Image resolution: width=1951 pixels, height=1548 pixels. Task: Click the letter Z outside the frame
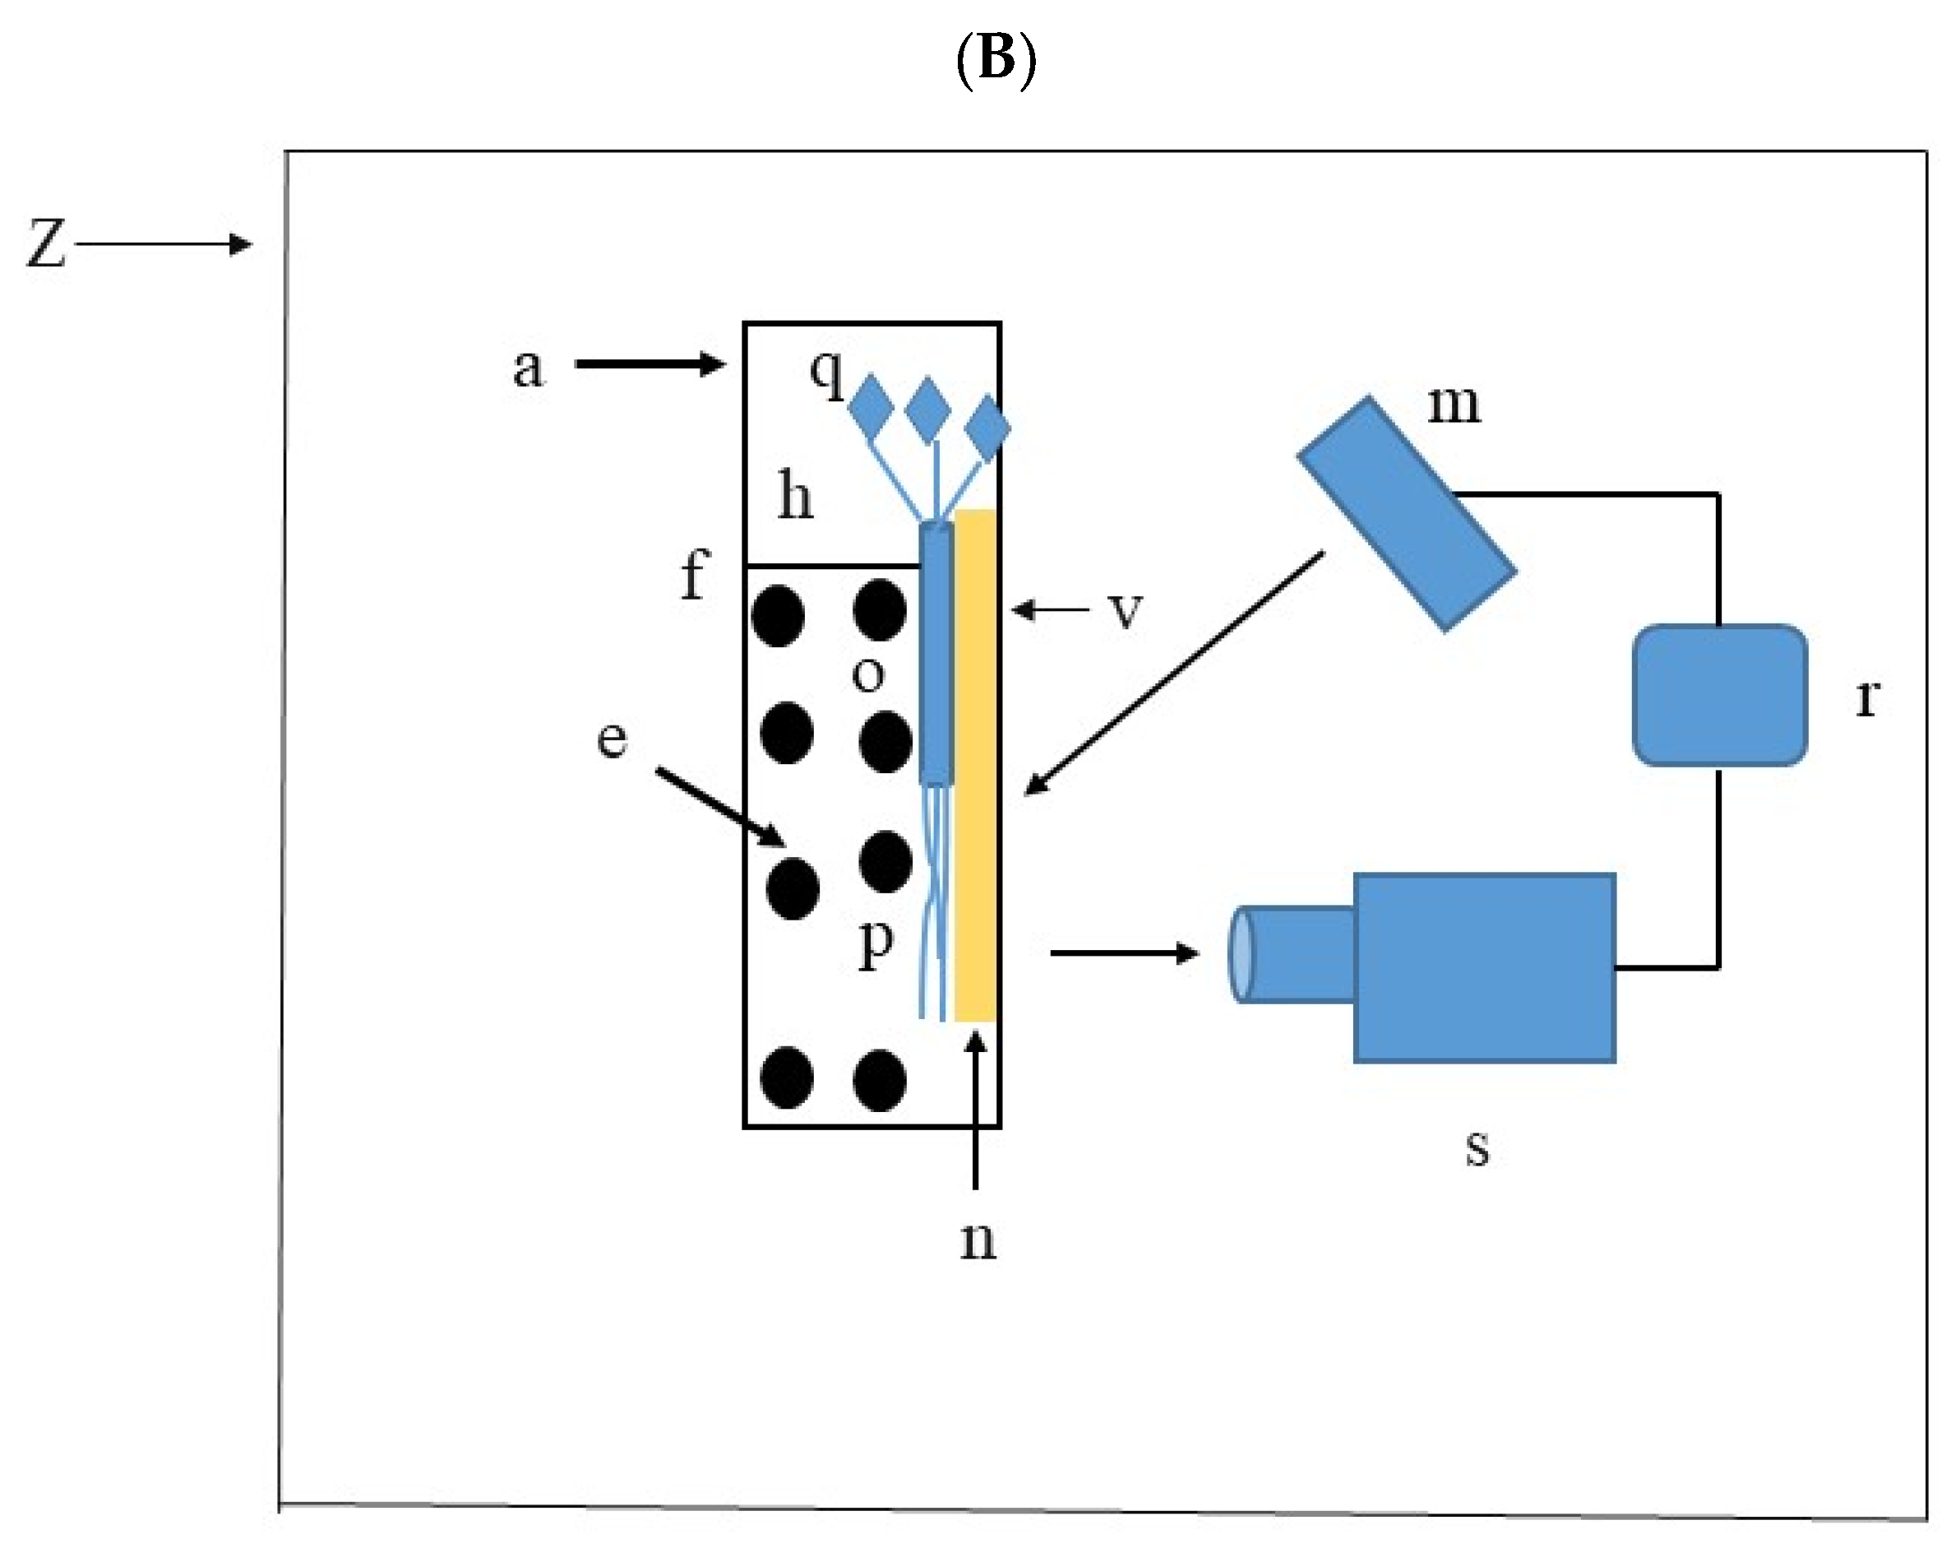[x=46, y=243]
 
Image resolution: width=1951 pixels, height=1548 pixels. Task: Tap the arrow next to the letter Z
[x=164, y=243]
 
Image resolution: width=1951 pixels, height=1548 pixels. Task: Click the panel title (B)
[x=996, y=60]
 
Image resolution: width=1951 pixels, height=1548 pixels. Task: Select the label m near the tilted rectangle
[x=1454, y=404]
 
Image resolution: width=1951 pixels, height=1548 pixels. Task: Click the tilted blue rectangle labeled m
[x=1408, y=513]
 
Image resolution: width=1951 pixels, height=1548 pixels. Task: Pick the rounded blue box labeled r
[x=1719, y=695]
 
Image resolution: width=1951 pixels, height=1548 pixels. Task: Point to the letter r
[x=1867, y=698]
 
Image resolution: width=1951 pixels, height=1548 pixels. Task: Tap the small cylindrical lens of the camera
[x=1292, y=954]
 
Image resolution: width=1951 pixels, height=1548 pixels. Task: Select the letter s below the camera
[x=1477, y=1148]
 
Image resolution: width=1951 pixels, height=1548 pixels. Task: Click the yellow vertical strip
[x=975, y=766]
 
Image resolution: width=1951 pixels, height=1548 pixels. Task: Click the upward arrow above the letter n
[x=975, y=1110]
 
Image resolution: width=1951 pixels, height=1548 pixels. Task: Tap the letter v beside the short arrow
[x=1126, y=610]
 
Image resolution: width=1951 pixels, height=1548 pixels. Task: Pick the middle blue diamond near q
[x=927, y=410]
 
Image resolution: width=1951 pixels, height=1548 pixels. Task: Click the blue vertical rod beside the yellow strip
[x=936, y=653]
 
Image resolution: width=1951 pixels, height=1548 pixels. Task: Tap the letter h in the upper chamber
[x=795, y=497]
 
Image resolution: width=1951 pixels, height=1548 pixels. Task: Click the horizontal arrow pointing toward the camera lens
[x=1125, y=953]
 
